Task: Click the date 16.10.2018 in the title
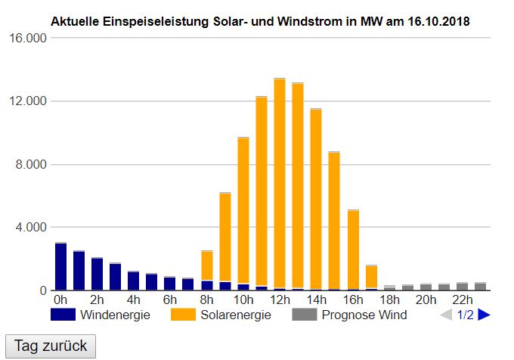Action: (x=432, y=22)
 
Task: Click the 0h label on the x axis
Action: (x=60, y=299)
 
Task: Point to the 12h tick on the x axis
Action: (x=278, y=299)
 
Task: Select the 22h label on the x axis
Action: (x=461, y=299)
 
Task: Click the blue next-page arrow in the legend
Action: (x=485, y=315)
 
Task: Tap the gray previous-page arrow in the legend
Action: (x=446, y=315)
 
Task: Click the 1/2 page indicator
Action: (x=465, y=315)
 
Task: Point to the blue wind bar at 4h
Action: (x=134, y=281)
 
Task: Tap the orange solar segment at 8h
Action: (x=206, y=265)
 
